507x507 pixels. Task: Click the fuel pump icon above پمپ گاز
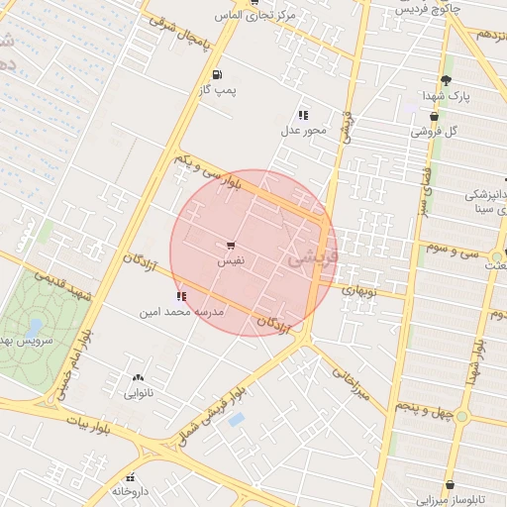coord(217,74)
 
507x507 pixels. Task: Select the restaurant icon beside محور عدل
coord(302,115)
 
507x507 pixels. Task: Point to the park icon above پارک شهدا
coord(447,80)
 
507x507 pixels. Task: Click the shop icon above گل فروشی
coord(434,116)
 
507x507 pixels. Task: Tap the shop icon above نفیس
coord(231,246)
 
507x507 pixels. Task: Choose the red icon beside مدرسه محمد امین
coord(180,295)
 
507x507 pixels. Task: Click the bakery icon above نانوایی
coord(137,377)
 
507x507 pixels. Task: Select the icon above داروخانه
coord(131,477)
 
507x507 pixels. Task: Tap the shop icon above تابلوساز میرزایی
coord(450,485)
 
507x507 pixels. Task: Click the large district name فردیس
coord(313,256)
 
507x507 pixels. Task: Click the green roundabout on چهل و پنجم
coord(461,416)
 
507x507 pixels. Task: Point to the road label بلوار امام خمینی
coord(70,365)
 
